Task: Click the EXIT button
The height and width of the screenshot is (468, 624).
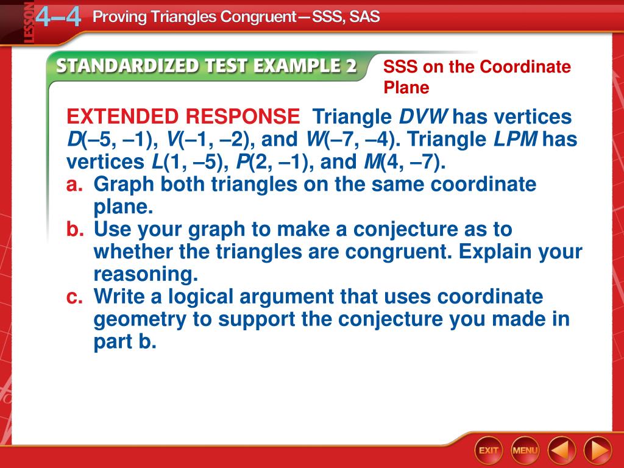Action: (x=488, y=450)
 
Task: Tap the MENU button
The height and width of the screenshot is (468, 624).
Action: (x=525, y=450)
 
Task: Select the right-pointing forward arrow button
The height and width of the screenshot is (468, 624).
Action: (x=598, y=450)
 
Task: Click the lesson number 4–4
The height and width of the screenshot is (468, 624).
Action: (x=58, y=16)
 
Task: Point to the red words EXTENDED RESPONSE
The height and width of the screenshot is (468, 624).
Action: (x=183, y=116)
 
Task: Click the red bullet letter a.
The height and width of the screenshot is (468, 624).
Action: (x=74, y=184)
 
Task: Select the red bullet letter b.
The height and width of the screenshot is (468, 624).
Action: (x=75, y=229)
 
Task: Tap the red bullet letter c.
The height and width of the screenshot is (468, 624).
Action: (x=74, y=297)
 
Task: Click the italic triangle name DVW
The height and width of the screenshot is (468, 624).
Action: (x=424, y=116)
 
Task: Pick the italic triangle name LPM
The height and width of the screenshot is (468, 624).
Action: (x=516, y=139)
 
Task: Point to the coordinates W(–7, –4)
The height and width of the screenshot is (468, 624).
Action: (x=353, y=140)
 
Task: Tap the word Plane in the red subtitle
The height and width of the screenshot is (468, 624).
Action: (x=406, y=88)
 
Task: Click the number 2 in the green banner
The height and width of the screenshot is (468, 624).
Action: (x=350, y=66)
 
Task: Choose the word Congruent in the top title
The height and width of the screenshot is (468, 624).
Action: (x=258, y=16)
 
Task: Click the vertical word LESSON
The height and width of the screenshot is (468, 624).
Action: (x=29, y=23)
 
